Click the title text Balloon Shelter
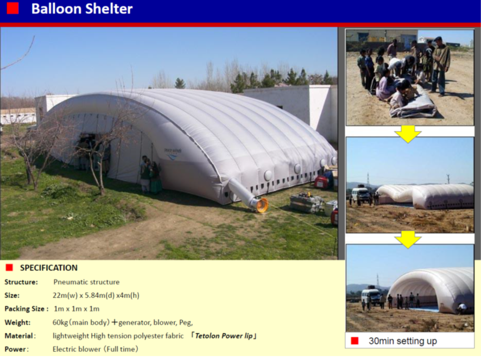[82, 9]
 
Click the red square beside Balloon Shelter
[12, 8]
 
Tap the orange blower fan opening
[263, 205]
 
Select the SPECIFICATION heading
[49, 268]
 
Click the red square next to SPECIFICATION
[9, 268]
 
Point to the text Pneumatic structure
[86, 282]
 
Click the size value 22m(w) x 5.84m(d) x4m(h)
[96, 295]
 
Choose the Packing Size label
[27, 309]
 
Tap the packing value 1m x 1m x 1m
[77, 309]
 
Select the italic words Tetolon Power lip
[224, 336]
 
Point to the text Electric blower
[77, 349]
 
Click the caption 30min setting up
[403, 341]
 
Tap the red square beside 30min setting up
[355, 341]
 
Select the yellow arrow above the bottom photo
[408, 239]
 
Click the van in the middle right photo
[360, 195]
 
